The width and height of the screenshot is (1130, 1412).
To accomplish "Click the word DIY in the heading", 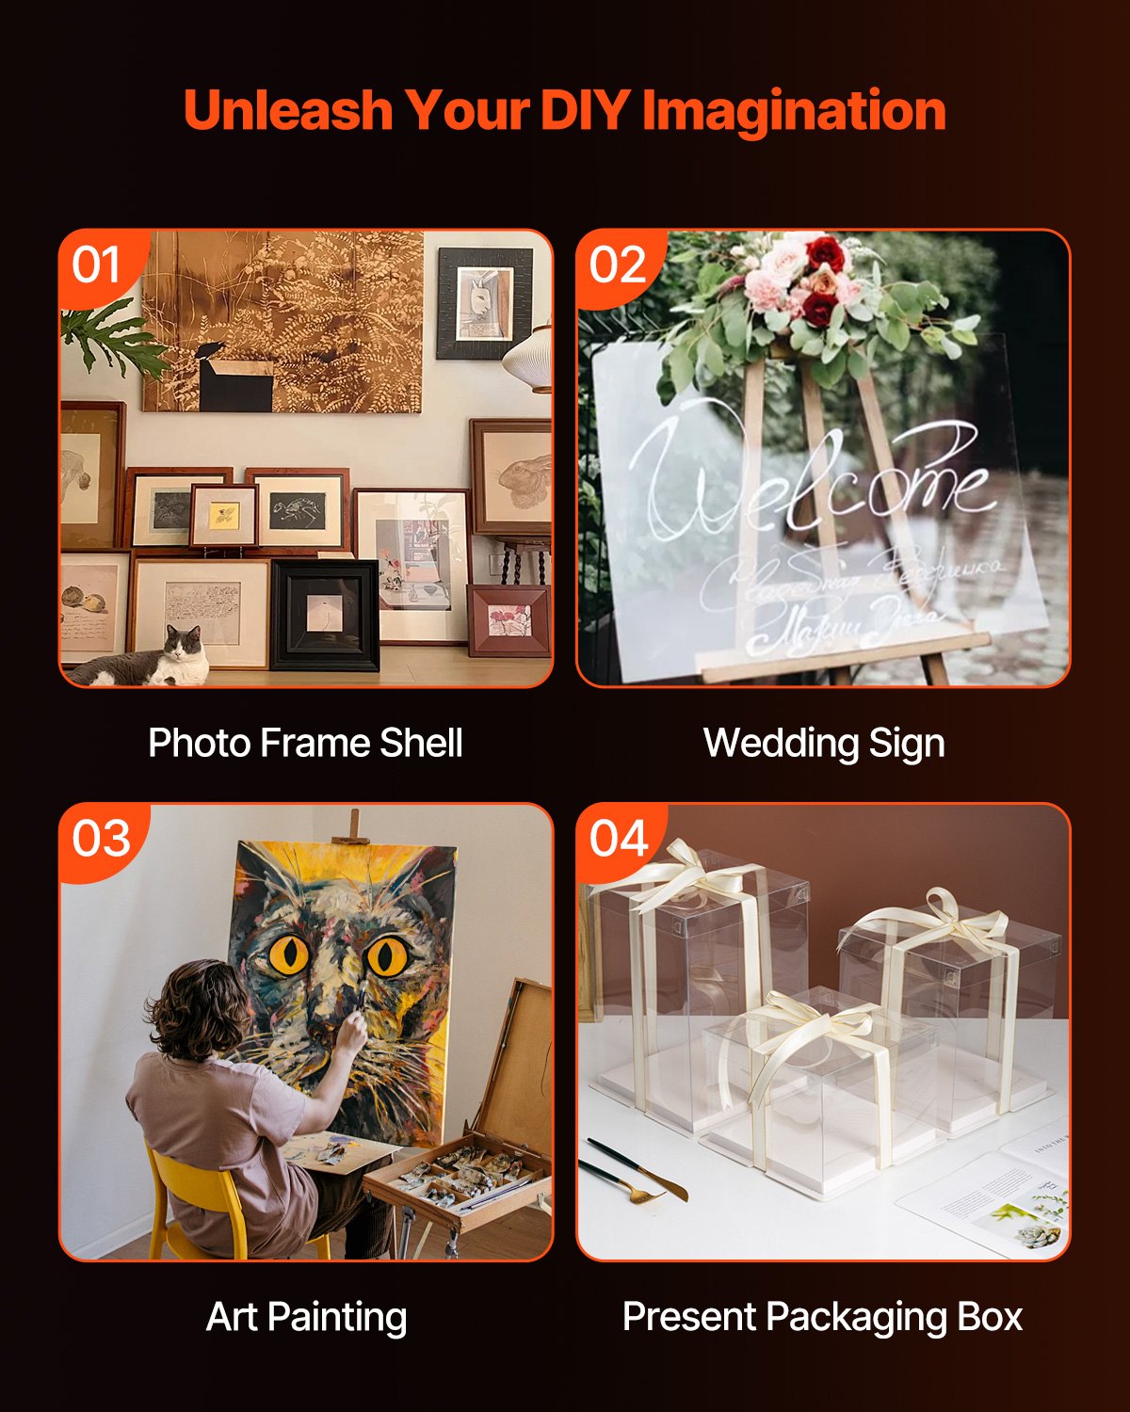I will [585, 110].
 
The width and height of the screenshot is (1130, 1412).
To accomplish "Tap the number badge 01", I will [96, 265].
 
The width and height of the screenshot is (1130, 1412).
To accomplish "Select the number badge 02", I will [618, 265].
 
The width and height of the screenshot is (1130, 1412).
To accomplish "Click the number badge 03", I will [101, 838].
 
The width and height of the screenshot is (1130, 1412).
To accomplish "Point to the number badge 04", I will [619, 838].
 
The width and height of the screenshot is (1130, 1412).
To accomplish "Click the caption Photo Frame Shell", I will [305, 743].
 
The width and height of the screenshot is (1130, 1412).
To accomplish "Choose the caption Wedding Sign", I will [824, 743].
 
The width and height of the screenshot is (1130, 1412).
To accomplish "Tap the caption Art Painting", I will [306, 1317].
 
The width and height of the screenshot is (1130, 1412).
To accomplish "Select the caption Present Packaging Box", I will [822, 1317].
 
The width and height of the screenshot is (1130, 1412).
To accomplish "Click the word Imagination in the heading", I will [794, 110].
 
